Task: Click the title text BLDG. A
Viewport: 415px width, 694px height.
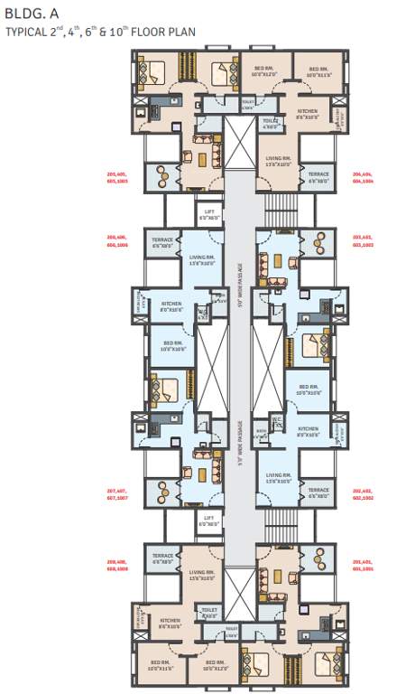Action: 28,14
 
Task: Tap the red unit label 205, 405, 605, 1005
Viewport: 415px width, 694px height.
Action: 117,178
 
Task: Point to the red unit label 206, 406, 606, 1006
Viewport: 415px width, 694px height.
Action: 117,241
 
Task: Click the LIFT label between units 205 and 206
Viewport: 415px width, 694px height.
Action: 209,214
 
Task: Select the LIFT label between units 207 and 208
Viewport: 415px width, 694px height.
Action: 209,520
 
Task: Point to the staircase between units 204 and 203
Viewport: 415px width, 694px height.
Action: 281,210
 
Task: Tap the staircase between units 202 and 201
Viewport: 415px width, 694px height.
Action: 281,524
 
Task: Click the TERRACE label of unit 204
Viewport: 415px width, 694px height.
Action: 318,177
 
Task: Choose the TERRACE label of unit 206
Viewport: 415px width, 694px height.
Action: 163,242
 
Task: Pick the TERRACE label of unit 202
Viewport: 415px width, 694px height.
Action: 318,493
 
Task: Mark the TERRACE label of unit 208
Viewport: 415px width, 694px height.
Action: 163,558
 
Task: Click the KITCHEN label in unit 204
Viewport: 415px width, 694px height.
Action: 308,114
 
